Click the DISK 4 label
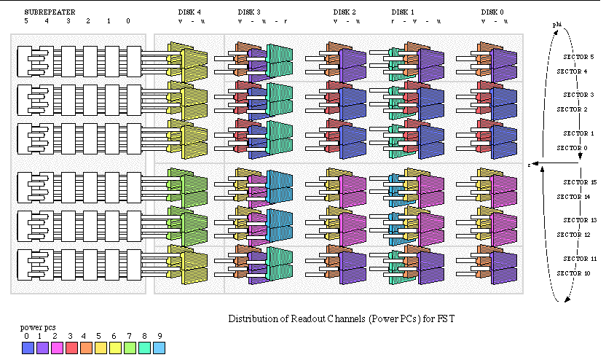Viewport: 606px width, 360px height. pyautogui.click(x=190, y=12)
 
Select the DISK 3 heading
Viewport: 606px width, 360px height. pyautogui.click(x=250, y=12)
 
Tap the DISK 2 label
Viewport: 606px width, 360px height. pyautogui.click(x=345, y=12)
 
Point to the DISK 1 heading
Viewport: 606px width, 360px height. pyautogui.click(x=403, y=12)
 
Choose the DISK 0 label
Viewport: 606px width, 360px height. pyautogui.click(x=493, y=12)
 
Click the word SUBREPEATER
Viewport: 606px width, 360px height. pyautogui.click(x=50, y=12)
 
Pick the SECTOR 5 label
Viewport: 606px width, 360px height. pyautogui.click(x=580, y=57)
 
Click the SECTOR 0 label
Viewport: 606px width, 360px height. pyautogui.click(x=571, y=148)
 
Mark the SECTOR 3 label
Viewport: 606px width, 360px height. pyautogui.click(x=580, y=95)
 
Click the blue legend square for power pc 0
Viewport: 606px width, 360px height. pyautogui.click(x=28, y=348)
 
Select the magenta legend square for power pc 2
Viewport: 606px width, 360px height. pyautogui.click(x=55, y=348)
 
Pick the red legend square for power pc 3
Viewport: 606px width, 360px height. pyautogui.click(x=70, y=348)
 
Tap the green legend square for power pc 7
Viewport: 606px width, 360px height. pyautogui.click(x=130, y=348)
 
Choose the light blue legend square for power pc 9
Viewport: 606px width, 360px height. pyautogui.click(x=160, y=348)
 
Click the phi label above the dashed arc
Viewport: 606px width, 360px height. pyautogui.click(x=557, y=24)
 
